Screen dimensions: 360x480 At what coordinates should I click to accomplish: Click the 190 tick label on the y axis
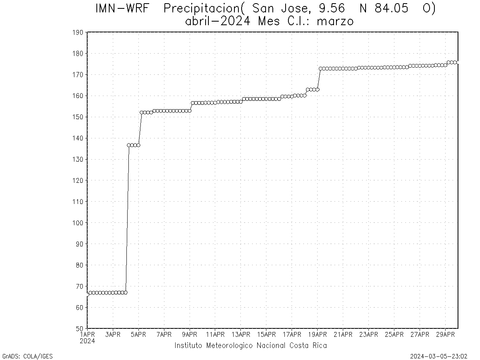click(x=78, y=32)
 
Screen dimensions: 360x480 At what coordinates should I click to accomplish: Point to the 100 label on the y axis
click(x=78, y=223)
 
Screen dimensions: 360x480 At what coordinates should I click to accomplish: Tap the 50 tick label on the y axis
click(x=79, y=328)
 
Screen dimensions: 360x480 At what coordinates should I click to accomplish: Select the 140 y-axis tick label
click(x=78, y=138)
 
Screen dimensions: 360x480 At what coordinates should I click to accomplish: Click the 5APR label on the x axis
click(x=138, y=334)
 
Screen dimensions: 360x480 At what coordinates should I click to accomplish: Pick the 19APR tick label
click(x=317, y=334)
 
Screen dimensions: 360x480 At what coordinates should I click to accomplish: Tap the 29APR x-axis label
click(x=445, y=334)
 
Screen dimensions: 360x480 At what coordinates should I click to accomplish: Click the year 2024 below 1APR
click(x=87, y=341)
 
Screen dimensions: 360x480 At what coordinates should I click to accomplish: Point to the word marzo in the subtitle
click(x=335, y=21)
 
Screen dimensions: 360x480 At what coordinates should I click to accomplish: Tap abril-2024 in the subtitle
click(x=218, y=21)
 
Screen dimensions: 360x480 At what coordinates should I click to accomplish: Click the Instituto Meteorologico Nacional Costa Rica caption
click(x=250, y=346)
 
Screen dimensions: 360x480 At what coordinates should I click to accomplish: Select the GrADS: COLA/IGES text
click(x=28, y=356)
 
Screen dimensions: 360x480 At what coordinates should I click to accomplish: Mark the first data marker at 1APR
click(x=88, y=294)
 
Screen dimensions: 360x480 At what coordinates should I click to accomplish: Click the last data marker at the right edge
click(x=458, y=62)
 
